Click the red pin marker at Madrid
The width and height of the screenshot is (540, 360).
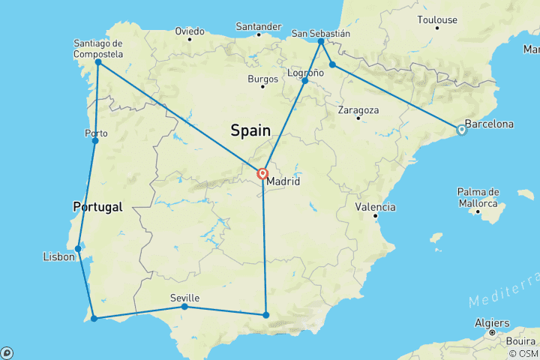point(262,174)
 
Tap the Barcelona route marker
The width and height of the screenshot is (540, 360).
point(461,130)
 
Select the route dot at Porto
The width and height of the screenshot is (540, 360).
point(94,140)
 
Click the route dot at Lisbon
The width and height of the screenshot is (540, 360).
point(78,248)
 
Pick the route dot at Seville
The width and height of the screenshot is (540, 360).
point(184,307)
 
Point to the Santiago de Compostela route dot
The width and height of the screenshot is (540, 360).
point(97,62)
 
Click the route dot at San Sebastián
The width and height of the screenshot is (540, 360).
point(321,42)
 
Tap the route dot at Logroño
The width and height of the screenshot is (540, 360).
point(304,81)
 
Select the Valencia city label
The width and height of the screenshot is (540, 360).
point(376,206)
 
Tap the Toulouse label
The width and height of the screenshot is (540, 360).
point(438,19)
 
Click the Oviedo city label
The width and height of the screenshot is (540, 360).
point(189,31)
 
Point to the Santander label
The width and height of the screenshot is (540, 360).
point(258,27)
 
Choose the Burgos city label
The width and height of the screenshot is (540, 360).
point(263,78)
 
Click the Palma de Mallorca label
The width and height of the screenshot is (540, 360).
point(478,198)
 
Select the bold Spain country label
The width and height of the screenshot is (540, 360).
point(250,130)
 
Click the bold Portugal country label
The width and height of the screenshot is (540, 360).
point(97,207)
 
